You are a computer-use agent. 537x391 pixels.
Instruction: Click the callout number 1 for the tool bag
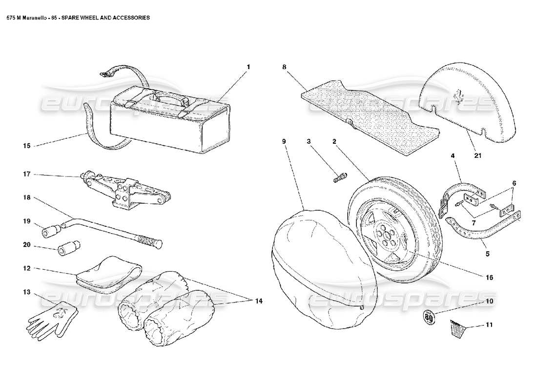tap(248, 66)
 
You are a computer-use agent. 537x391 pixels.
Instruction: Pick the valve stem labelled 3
tap(339, 178)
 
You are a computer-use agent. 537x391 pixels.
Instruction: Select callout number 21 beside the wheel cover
tap(477, 156)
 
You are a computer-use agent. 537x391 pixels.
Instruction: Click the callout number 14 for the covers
tap(258, 301)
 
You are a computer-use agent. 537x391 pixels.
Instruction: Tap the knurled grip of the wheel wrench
tap(146, 240)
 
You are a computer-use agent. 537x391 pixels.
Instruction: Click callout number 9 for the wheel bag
tap(284, 141)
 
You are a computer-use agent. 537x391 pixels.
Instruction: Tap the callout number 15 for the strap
tap(27, 145)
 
